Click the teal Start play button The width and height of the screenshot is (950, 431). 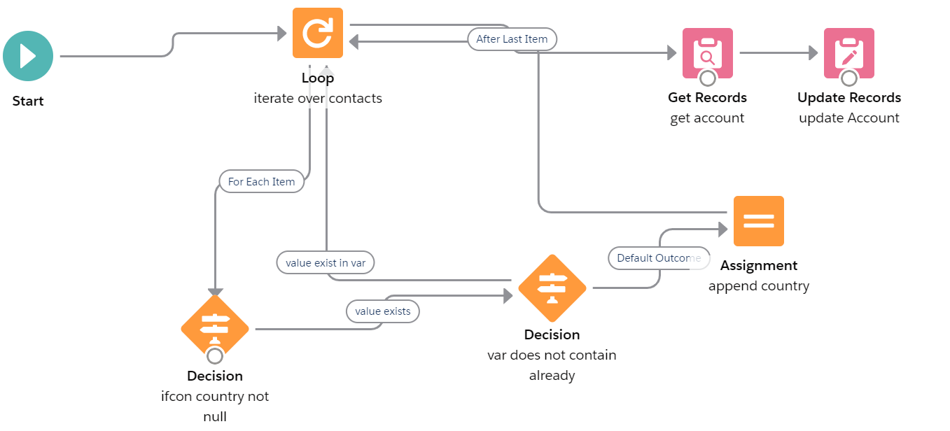[x=28, y=56]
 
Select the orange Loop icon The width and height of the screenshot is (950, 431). [x=318, y=33]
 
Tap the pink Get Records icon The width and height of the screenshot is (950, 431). [x=707, y=52]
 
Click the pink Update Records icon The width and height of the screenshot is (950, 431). [x=848, y=52]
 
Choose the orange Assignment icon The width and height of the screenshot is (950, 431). [x=758, y=221]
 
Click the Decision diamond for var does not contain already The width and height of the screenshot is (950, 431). [x=552, y=288]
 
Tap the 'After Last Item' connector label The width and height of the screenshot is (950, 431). [x=512, y=39]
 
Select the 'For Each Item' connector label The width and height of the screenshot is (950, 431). [x=261, y=181]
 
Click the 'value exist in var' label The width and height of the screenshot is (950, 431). [x=326, y=262]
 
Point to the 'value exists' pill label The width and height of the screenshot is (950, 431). [x=382, y=311]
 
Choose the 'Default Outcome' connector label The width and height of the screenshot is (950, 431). [x=658, y=258]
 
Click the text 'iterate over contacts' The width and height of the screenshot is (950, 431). [x=318, y=99]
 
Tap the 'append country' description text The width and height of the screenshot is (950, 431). [x=758, y=286]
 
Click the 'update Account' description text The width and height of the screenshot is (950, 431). [x=848, y=118]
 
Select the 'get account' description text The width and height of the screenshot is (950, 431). [x=707, y=118]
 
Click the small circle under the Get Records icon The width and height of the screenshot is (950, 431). [x=707, y=78]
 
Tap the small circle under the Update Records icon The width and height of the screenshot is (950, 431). [x=848, y=78]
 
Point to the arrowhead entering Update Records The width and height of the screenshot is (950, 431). [x=812, y=52]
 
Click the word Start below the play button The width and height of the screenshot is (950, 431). [x=28, y=101]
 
